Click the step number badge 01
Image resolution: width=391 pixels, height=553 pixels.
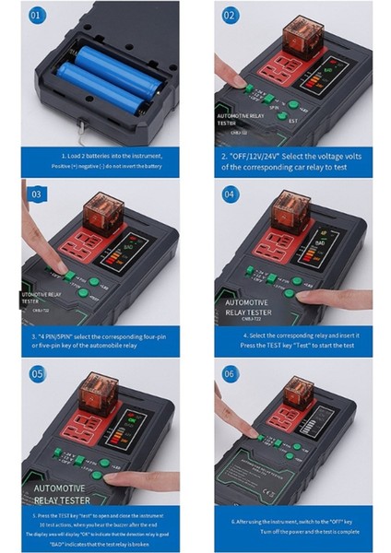34,17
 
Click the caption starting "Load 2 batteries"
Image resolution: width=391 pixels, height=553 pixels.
107,156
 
